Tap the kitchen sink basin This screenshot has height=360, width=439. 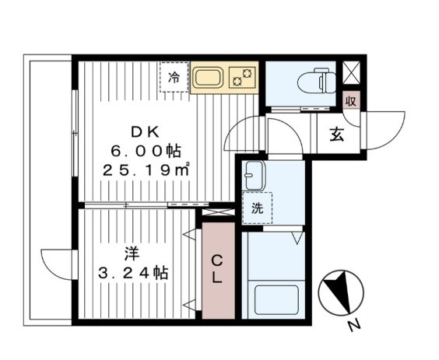tap(209, 79)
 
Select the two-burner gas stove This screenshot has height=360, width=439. tap(244, 76)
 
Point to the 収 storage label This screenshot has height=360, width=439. tap(352, 100)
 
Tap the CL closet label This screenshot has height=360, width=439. tap(218, 269)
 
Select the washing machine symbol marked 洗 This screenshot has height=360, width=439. tap(256, 208)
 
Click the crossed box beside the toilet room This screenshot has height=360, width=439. tap(352, 73)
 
